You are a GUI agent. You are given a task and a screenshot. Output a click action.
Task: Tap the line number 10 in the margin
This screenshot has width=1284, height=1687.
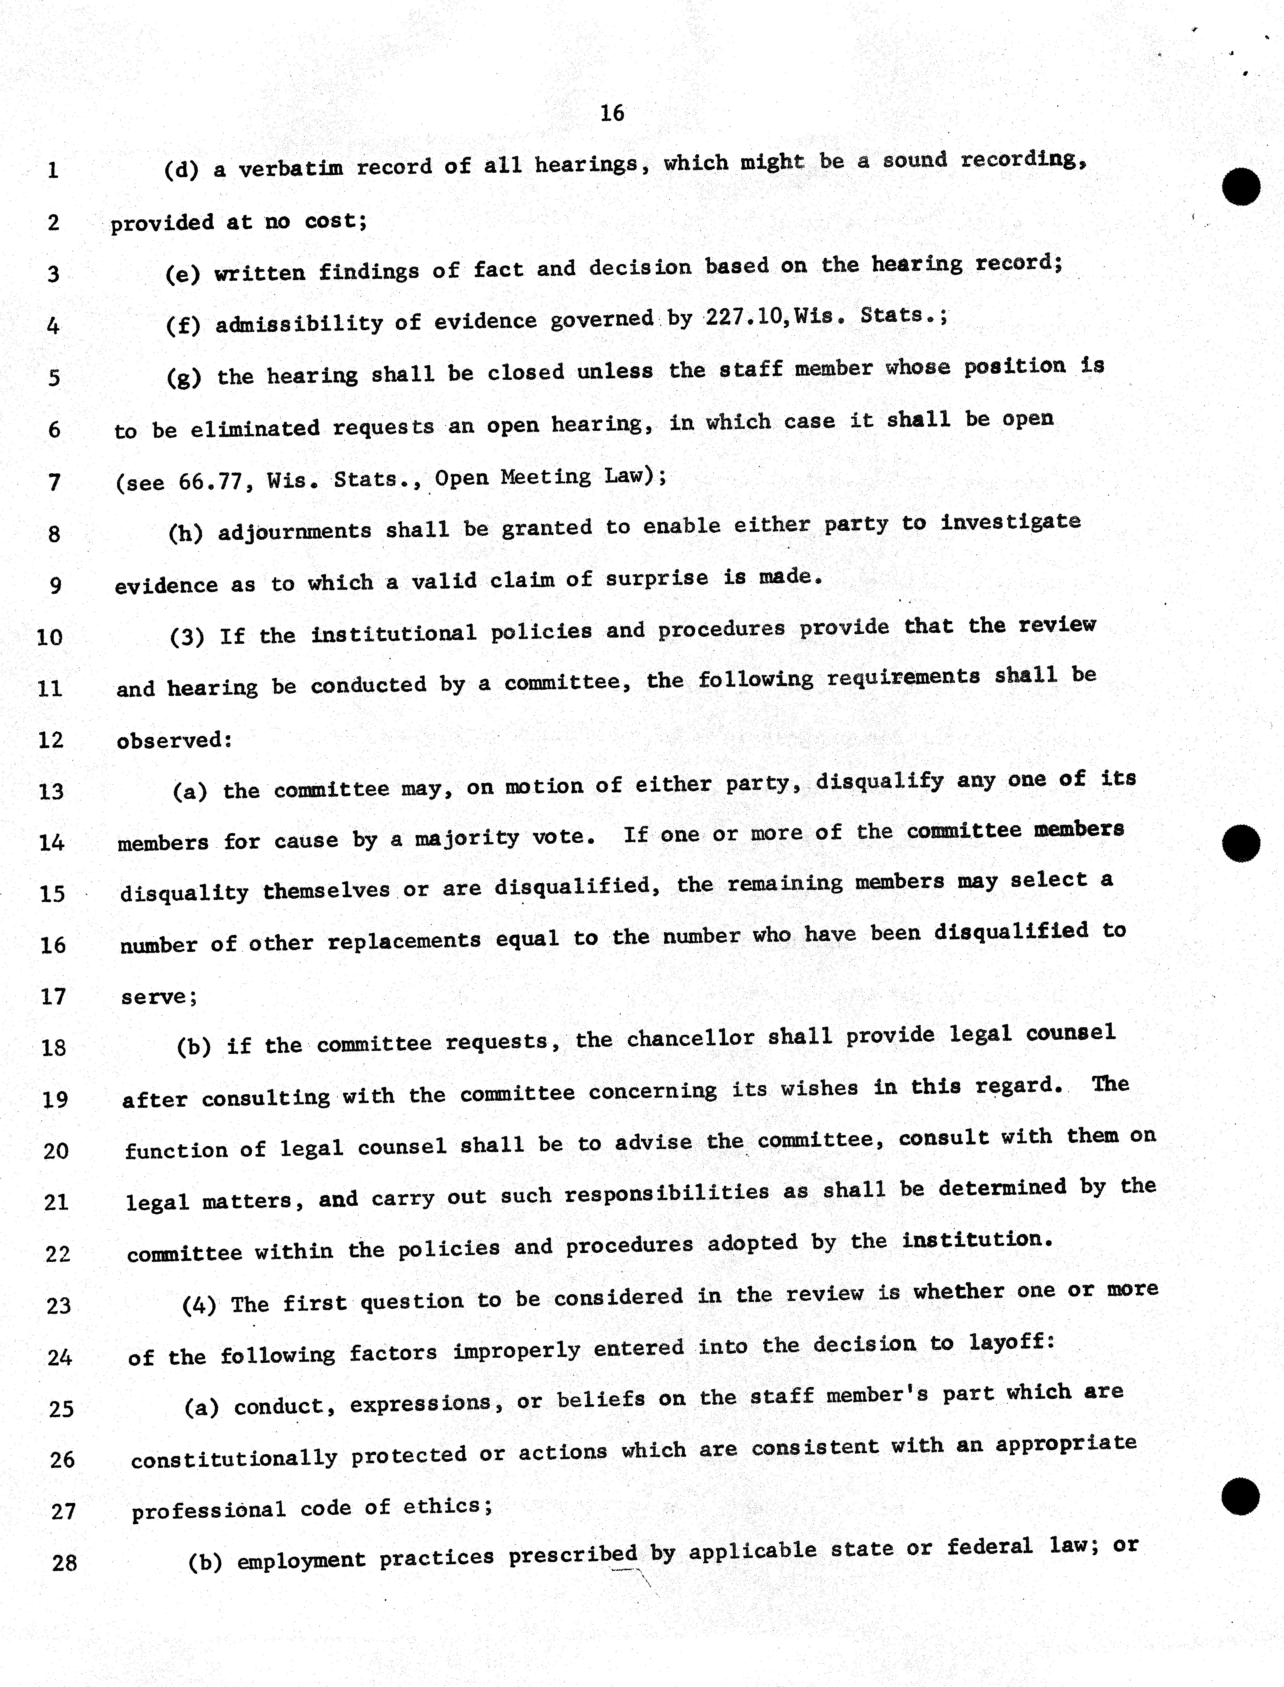coord(50,637)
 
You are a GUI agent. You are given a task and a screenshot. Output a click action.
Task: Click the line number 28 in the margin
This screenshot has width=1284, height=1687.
coord(64,1562)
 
